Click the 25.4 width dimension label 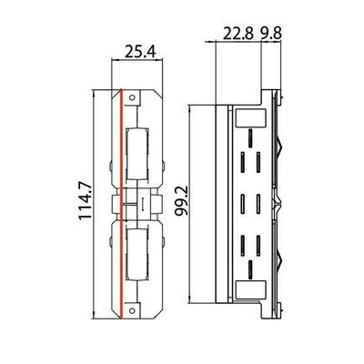coord(140,53)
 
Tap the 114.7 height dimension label coord(85,200)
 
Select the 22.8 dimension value coord(238,33)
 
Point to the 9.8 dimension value coord(271,33)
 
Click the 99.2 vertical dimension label coord(182,201)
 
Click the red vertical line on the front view coord(121,204)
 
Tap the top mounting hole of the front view coord(132,97)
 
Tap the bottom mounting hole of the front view coord(132,310)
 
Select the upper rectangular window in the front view coord(137,155)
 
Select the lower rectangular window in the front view coord(137,255)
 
